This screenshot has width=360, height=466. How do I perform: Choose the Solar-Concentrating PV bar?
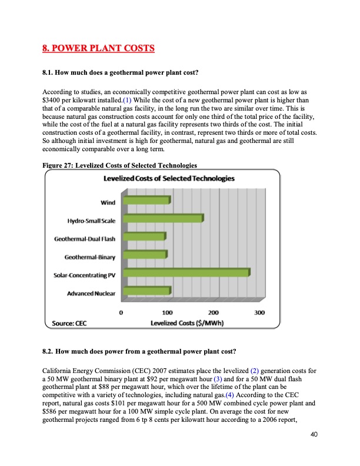[186, 272]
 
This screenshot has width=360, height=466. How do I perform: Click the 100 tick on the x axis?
[167, 312]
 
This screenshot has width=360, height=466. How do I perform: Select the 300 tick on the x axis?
[259, 312]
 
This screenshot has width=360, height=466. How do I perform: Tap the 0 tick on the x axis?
[122, 312]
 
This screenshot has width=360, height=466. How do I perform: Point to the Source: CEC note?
[66, 322]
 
